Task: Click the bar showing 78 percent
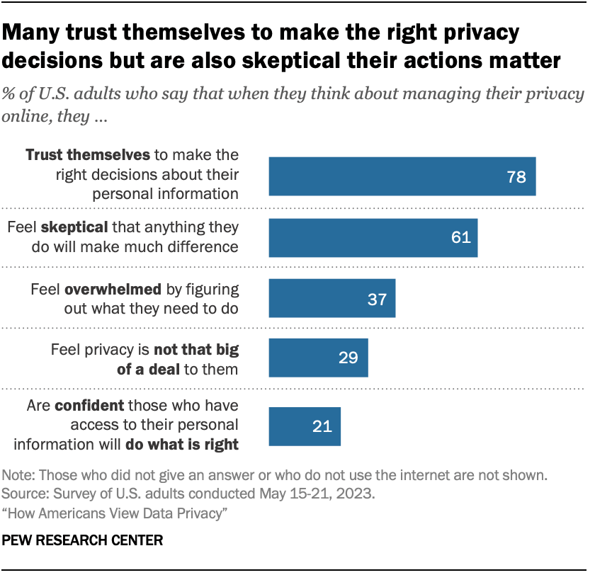pos(402,176)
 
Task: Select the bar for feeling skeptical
pos(373,237)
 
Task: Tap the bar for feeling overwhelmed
pos(331,299)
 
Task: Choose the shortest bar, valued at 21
pos(305,426)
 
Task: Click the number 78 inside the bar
pos(516,177)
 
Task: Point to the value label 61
pos(461,238)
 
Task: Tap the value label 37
pos(377,299)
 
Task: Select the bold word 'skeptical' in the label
pos(69,227)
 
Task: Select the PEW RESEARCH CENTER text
pos(82,540)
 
